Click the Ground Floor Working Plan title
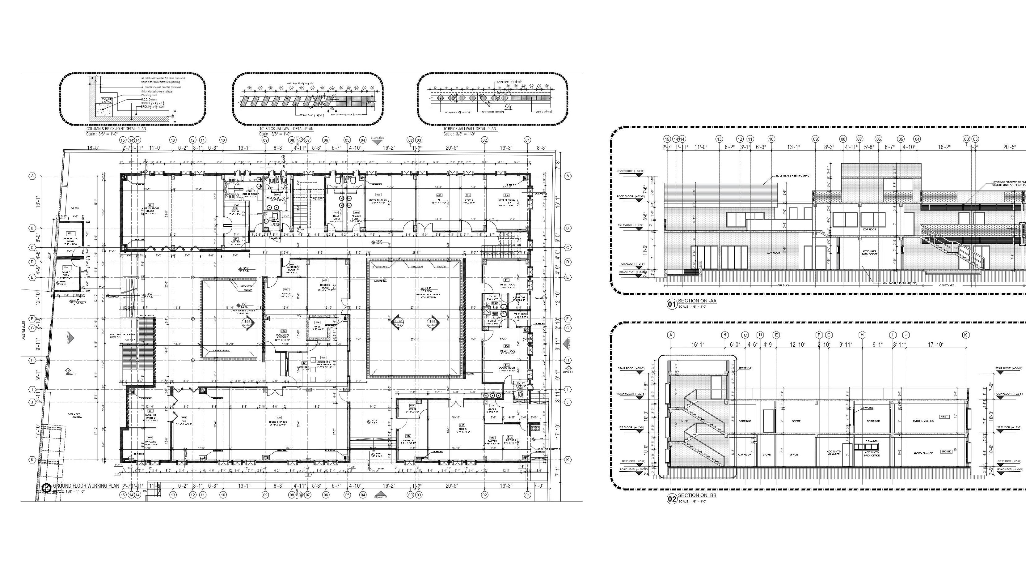pos(86,486)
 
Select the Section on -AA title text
pos(697,301)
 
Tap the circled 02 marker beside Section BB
pos(672,499)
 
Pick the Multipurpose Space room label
pos(150,210)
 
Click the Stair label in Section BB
pos(685,421)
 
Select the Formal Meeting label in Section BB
pos(923,421)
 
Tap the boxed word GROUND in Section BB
pos(946,451)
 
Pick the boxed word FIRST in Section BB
pos(944,417)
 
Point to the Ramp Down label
pos(147,315)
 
